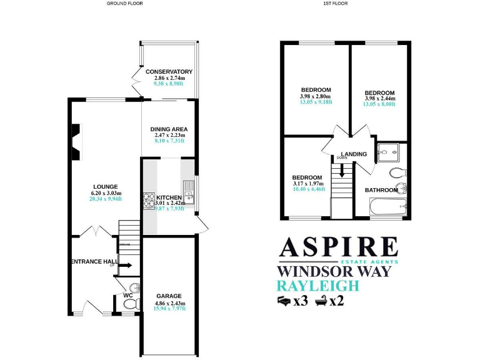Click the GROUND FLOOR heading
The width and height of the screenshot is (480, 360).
click(124, 4)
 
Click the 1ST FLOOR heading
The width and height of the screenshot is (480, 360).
click(335, 4)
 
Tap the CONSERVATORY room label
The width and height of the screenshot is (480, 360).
click(169, 72)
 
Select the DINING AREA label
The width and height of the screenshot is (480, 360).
click(169, 129)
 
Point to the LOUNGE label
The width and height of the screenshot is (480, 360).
click(106, 186)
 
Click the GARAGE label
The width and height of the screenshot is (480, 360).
click(169, 296)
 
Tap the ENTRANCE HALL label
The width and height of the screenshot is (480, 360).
click(94, 261)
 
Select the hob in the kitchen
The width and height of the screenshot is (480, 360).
click(149, 201)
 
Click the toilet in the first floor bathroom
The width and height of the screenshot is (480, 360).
click(397, 172)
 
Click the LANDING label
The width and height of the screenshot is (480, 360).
click(354, 154)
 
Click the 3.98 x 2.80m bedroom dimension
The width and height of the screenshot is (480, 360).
click(316, 96)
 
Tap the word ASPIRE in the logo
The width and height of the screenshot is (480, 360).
click(338, 247)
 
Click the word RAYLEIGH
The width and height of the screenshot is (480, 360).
click(318, 286)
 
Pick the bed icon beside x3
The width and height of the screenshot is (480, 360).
click(284, 301)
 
